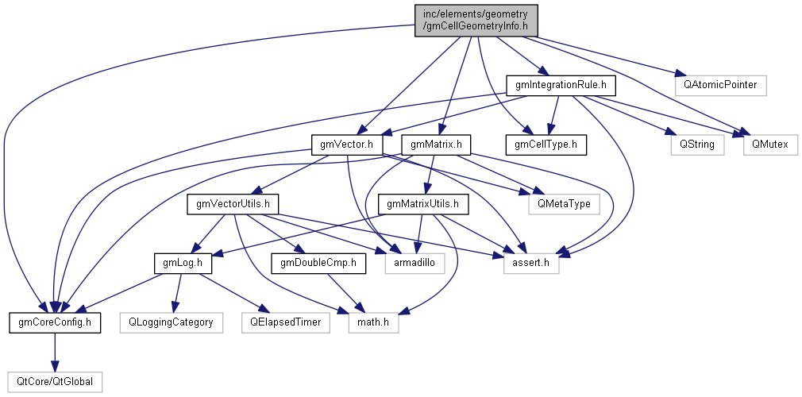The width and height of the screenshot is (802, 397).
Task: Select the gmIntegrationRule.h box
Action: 561,83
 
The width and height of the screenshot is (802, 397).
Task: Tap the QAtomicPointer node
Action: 719,83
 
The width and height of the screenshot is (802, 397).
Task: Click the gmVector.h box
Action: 346,145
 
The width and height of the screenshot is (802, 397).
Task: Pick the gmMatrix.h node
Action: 437,145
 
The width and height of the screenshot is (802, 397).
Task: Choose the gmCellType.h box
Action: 546,145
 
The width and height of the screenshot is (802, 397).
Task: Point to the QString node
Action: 692,145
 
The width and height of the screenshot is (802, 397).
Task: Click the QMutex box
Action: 769,145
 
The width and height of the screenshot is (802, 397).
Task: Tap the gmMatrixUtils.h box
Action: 423,204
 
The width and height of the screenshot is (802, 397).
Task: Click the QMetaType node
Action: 564,204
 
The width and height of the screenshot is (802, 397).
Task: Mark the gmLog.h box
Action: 182,263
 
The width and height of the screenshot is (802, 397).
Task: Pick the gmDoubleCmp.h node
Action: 318,263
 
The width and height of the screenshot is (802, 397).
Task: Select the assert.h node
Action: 531,263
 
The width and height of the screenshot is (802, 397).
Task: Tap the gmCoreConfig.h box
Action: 55,322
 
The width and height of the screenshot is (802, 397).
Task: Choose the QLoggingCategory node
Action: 170,322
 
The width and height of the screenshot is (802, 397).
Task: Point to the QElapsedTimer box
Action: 286,322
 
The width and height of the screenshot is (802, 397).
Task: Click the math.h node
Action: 372,322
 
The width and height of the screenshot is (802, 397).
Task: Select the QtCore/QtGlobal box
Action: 55,382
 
